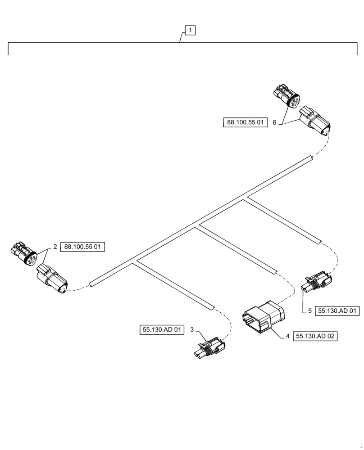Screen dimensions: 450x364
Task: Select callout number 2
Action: coord(55,247)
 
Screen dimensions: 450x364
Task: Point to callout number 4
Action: coord(287,336)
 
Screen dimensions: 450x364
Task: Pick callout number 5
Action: coord(310,310)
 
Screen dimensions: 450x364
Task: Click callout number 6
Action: coord(274,121)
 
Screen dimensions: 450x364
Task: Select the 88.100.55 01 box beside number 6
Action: coord(246,121)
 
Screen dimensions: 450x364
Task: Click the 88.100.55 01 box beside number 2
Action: coord(83,247)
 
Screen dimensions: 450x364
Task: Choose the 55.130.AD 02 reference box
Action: coord(316,336)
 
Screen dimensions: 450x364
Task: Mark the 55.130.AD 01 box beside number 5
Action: coord(337,310)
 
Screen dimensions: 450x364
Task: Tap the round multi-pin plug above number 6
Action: coord(287,96)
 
